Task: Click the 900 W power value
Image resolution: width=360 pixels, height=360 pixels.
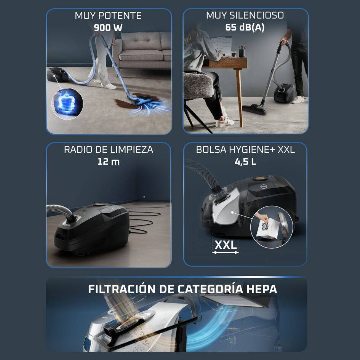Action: point(108,27)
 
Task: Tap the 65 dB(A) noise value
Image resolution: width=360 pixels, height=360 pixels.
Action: point(245,27)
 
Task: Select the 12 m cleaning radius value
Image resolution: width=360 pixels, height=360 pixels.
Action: point(108,162)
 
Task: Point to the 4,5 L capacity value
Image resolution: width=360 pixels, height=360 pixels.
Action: point(245,162)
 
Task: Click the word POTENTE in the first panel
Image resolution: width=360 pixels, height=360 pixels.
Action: point(121,16)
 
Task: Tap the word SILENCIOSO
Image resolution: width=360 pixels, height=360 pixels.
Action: point(257,15)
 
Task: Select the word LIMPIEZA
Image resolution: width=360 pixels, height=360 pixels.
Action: point(132,149)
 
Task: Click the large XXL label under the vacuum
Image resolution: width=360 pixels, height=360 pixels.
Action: point(226,245)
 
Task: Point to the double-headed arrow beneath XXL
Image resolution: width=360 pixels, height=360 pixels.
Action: point(225,253)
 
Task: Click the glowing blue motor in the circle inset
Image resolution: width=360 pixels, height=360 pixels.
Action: point(66,104)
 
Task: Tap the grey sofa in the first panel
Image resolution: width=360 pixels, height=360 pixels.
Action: point(142,50)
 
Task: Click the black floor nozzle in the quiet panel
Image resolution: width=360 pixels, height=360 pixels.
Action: point(254,109)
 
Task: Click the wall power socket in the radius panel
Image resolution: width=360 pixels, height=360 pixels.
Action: point(144,197)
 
